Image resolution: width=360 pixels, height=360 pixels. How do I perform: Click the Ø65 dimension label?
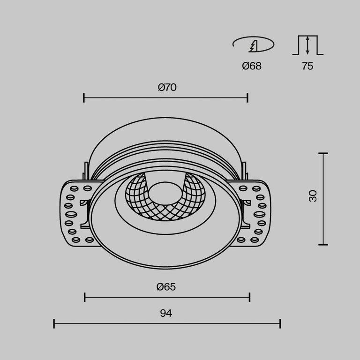[166, 286]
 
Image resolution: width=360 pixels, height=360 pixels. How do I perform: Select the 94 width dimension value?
[166, 313]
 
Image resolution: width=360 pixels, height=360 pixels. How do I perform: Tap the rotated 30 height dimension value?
[313, 195]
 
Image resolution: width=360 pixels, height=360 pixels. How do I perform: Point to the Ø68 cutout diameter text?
[252, 66]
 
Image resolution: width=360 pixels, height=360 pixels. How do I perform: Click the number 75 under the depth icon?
[307, 66]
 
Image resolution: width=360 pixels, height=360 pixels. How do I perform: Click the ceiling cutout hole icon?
[253, 45]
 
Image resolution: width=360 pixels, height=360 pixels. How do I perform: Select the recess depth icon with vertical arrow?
[307, 45]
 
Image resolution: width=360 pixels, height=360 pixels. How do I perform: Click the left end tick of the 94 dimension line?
[54, 323]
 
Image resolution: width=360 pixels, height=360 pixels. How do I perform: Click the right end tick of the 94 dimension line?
[280, 323]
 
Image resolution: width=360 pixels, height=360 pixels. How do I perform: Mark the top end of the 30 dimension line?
[322, 153]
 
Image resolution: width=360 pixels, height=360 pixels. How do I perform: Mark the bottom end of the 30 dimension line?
[322, 244]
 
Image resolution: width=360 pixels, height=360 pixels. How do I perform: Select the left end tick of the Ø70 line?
[84, 98]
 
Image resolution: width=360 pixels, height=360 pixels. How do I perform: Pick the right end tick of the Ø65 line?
[249, 297]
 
